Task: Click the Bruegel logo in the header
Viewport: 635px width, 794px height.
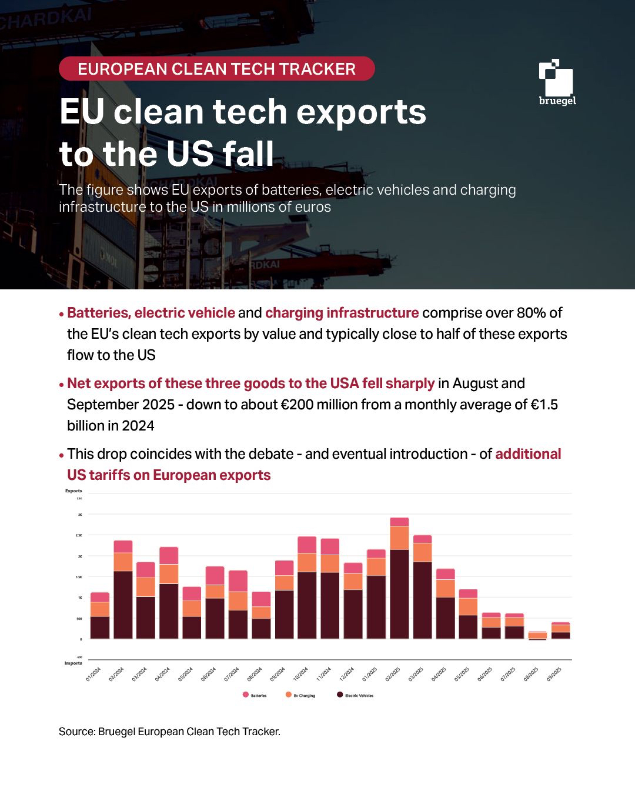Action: point(556,82)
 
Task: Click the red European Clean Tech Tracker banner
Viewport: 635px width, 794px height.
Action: point(216,69)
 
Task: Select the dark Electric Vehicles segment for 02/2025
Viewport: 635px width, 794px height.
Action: point(399,594)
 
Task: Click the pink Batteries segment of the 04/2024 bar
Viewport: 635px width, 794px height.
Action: point(169,556)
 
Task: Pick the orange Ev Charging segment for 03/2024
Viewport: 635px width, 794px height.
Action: point(146,587)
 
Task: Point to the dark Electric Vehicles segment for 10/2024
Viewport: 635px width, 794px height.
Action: point(307,605)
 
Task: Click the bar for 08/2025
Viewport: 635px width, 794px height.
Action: point(537,635)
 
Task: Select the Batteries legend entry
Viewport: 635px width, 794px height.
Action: point(255,695)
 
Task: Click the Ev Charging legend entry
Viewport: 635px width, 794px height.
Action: point(300,695)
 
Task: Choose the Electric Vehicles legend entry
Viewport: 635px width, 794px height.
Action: point(355,695)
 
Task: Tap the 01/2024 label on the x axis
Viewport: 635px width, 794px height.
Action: point(93,674)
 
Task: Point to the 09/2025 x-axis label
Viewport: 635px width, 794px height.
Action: point(554,674)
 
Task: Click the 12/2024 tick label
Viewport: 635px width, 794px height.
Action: point(347,674)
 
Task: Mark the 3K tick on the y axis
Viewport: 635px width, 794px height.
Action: point(80,515)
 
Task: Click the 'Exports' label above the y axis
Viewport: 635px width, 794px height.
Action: point(73,491)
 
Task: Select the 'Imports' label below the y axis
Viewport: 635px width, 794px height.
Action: point(73,663)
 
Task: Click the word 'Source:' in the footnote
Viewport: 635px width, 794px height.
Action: point(77,732)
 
